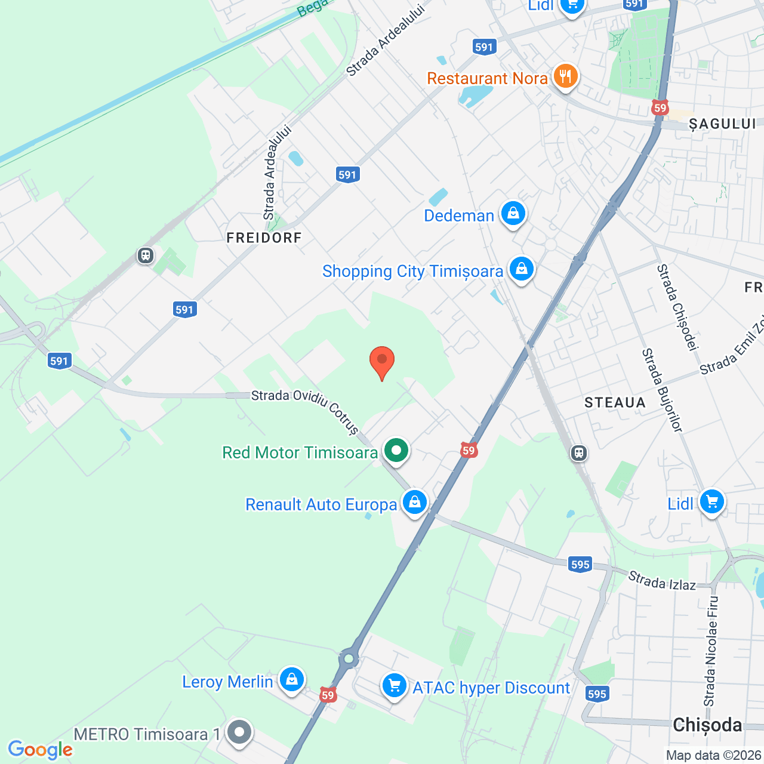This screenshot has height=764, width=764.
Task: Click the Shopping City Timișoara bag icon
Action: click(x=522, y=270)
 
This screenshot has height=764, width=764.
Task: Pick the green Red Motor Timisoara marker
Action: click(x=396, y=451)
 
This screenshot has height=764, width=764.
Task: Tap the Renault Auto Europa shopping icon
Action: click(x=415, y=503)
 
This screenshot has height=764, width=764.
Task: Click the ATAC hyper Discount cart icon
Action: click(x=395, y=686)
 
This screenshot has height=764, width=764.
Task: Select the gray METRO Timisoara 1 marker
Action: click(x=240, y=732)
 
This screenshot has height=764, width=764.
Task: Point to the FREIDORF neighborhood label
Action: click(x=264, y=238)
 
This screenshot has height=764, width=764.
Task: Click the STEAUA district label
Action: click(x=615, y=403)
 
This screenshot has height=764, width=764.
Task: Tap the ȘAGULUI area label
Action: click(x=722, y=124)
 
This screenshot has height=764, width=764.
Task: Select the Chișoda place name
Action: click(x=707, y=725)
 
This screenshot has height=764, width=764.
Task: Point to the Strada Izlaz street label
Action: click(x=662, y=581)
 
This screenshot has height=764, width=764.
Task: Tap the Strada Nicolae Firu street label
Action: click(x=711, y=651)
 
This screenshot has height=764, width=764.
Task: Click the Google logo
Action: click(x=40, y=750)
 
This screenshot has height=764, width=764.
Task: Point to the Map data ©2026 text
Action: click(x=714, y=756)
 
